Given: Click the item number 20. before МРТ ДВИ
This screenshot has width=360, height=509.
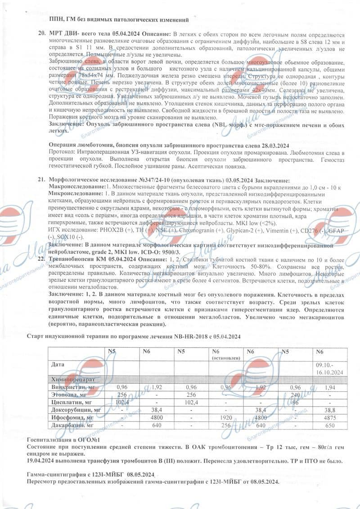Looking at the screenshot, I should point(41,35).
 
